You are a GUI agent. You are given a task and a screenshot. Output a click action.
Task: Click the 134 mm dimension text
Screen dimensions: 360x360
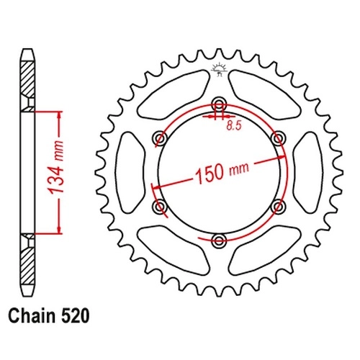[56, 168]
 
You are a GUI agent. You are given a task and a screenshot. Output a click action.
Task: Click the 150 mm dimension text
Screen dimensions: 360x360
[222, 171]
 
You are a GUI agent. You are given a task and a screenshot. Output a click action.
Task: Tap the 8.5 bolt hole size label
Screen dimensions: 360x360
[233, 126]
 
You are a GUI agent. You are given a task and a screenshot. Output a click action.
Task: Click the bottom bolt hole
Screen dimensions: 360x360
[219, 240]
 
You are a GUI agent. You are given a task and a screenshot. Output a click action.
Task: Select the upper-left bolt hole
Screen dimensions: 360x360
[160, 138]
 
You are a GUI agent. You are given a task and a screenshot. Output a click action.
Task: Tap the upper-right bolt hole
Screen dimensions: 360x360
[278, 138]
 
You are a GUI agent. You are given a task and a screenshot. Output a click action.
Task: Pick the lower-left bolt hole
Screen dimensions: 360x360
[160, 206]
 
